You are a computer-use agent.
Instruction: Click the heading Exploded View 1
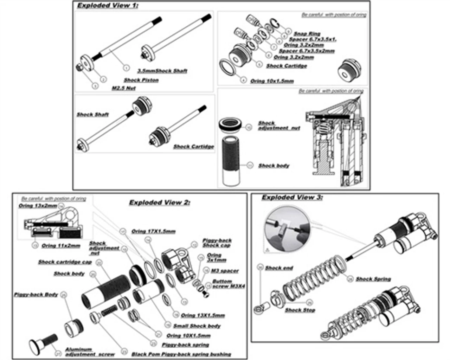coord(108,5)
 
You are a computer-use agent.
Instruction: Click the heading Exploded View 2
coord(160,202)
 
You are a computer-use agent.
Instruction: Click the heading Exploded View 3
coord(292,198)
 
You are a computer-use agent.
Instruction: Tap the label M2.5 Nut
coord(124,88)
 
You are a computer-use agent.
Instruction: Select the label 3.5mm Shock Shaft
coord(162,71)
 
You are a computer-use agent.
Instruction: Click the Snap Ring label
coord(307,34)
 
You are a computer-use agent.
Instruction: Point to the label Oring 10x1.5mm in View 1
coord(272,81)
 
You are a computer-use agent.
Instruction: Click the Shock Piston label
coord(141,80)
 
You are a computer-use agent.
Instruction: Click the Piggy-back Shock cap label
coord(217,243)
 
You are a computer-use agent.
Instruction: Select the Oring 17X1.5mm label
coord(153,231)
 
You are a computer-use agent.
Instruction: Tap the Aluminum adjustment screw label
coord(84,352)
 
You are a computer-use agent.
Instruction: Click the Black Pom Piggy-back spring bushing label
coord(181,354)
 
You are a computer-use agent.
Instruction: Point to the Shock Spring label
coord(373,279)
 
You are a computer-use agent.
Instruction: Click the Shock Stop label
coord(300,310)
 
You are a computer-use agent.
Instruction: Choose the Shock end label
coord(279,268)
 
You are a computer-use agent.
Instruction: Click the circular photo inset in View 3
coord(286,231)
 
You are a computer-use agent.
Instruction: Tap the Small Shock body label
coord(197,326)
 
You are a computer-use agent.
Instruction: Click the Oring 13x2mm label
coord(38,206)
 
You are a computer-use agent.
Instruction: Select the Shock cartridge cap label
coord(65,262)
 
